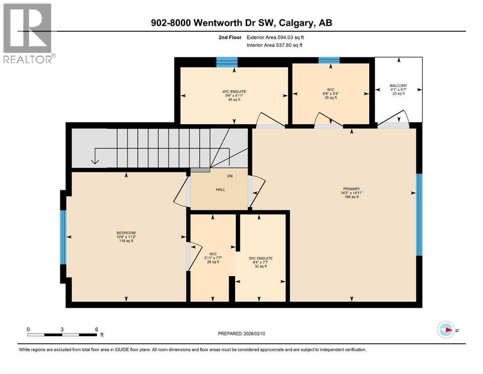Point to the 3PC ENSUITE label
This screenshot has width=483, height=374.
pos(260,259)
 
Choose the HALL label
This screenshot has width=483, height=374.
pos(219,189)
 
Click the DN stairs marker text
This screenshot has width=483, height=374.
pos(230,176)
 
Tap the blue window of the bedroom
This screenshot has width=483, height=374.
pos(63,237)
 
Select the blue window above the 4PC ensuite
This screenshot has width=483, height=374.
pos(227,61)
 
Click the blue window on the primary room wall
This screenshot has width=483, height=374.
pos(419,215)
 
